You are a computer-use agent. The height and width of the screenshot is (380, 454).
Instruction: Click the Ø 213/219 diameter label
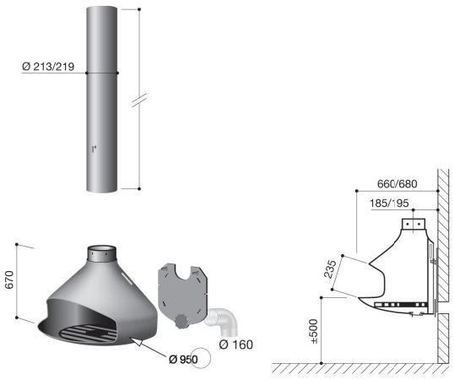[48, 67]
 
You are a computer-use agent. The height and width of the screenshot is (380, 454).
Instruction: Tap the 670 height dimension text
[9, 280]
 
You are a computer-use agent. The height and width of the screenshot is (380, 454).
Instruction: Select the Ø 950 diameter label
[183, 360]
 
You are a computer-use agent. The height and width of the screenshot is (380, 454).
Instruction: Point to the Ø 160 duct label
[236, 345]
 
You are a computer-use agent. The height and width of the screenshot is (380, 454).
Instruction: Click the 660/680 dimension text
[397, 183]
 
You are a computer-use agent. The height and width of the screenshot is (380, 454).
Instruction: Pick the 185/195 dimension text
[389, 204]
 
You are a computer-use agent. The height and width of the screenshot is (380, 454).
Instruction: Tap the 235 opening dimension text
[330, 269]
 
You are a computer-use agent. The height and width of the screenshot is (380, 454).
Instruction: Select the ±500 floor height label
[314, 331]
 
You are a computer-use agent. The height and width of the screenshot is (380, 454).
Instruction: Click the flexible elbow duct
[223, 320]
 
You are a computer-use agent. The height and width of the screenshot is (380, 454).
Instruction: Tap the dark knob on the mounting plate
[181, 321]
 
